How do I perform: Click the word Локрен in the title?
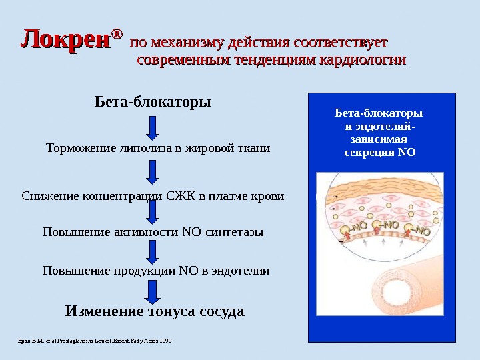[65, 41]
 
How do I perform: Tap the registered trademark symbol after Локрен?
[117, 33]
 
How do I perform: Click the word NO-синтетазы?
[223, 232]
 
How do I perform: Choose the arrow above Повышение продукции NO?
[153, 251]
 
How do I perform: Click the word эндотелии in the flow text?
[242, 271]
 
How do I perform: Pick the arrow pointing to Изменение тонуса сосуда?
[153, 291]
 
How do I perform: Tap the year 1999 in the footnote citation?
[165, 341]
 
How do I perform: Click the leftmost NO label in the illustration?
[359, 227]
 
